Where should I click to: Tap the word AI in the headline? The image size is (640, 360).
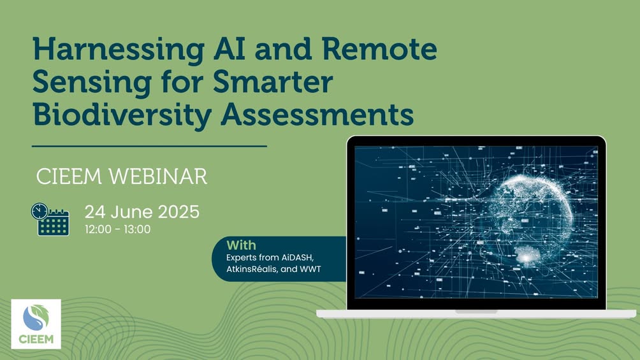pos(229,48)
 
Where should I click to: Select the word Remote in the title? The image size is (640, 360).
pos(379,48)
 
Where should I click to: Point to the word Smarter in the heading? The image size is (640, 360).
pos(273,81)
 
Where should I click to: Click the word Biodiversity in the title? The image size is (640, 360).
pos(122,116)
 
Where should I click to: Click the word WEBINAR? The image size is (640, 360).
pos(157,176)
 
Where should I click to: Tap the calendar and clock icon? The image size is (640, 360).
pos(50,219)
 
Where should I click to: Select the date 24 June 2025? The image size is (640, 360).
pos(142,212)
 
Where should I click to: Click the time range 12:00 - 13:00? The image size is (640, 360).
pos(118,229)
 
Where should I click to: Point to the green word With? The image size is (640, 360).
pos(241,245)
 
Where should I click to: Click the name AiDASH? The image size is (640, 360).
pos(298,257)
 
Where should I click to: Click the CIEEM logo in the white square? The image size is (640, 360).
pos(36,324)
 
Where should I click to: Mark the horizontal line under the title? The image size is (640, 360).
pos(149,146)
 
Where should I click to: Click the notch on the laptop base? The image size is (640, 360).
pos(476,312)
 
